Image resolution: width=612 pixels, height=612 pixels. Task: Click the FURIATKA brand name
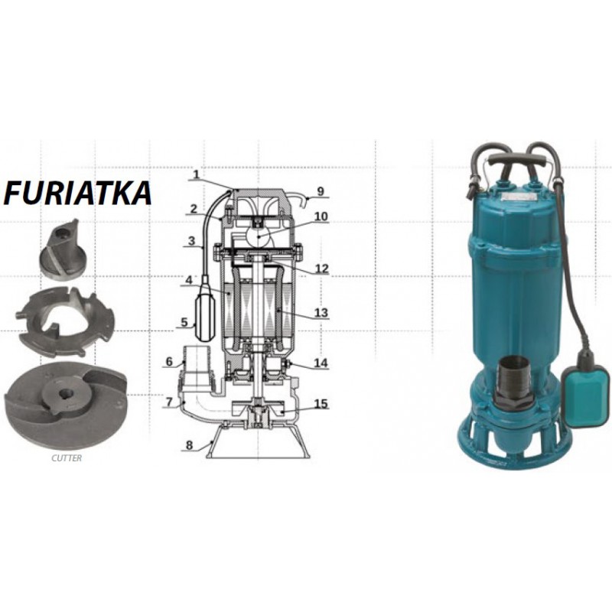(x=78, y=193)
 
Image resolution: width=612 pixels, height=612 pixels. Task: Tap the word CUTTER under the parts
(x=67, y=458)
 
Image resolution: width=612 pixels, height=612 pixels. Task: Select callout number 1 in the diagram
(x=196, y=174)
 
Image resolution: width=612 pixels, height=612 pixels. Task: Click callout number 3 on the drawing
(x=191, y=240)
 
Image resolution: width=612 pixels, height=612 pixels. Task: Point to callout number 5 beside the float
(x=184, y=323)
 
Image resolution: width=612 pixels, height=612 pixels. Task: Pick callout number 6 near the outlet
(x=169, y=362)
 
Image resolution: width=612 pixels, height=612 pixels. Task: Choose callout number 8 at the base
(x=189, y=445)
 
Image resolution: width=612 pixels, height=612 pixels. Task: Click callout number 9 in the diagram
(x=321, y=191)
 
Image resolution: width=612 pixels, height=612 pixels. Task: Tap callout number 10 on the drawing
(x=321, y=216)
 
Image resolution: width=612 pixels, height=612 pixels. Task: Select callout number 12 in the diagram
(x=322, y=269)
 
